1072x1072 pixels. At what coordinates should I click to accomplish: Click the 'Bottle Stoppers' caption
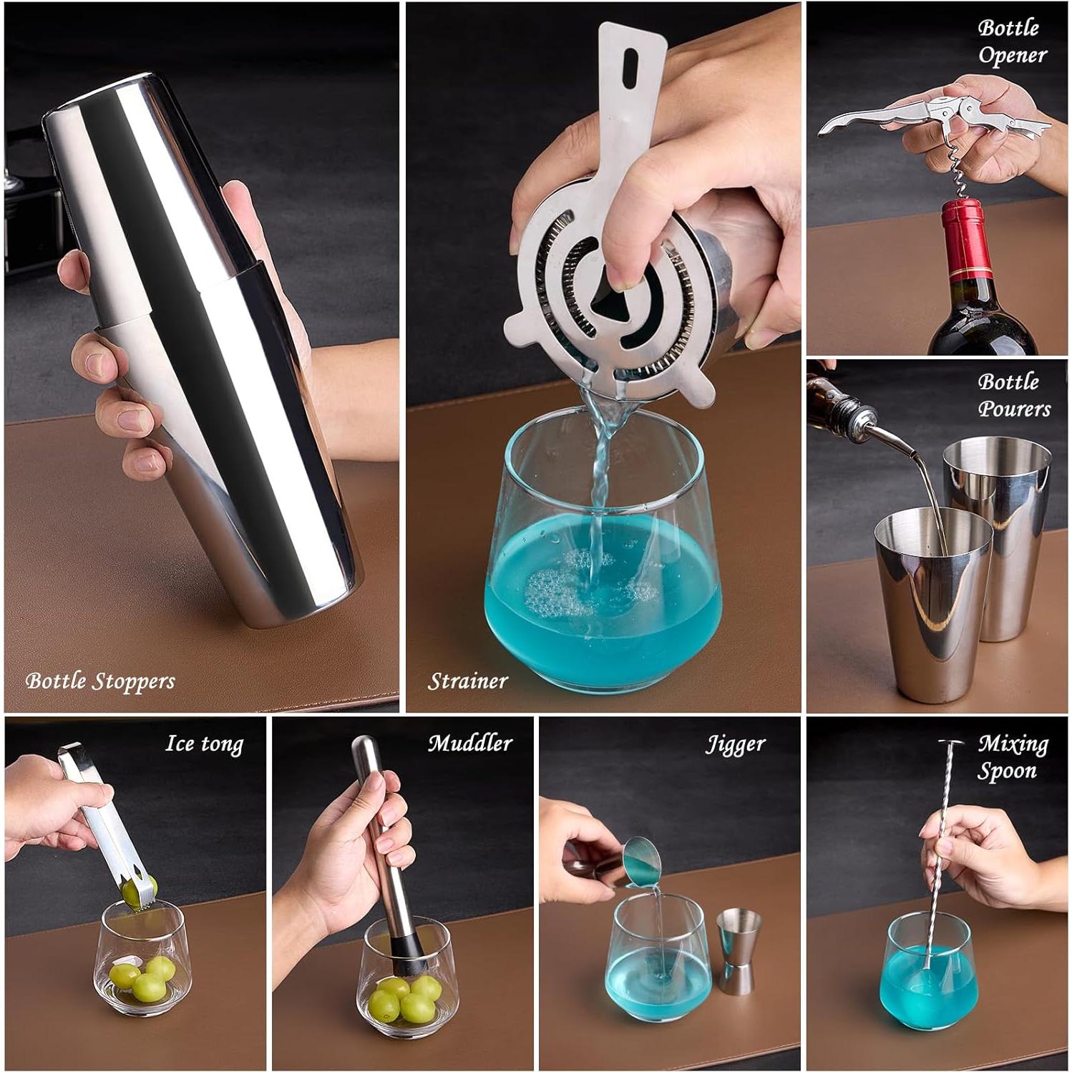[x=99, y=681]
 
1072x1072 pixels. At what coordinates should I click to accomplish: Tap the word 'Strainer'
[x=468, y=681]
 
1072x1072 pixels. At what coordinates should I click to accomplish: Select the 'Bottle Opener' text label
[x=1012, y=42]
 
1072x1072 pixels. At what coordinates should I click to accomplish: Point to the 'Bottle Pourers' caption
[x=1013, y=395]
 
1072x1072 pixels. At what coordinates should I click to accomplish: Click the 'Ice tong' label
[x=204, y=744]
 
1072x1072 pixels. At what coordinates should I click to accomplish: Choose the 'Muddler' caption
[x=469, y=744]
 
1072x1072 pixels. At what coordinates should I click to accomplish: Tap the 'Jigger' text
[x=735, y=744]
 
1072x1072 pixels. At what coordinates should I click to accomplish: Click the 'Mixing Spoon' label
[x=1012, y=757]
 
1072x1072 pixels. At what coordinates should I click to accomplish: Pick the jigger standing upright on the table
[x=739, y=951]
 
